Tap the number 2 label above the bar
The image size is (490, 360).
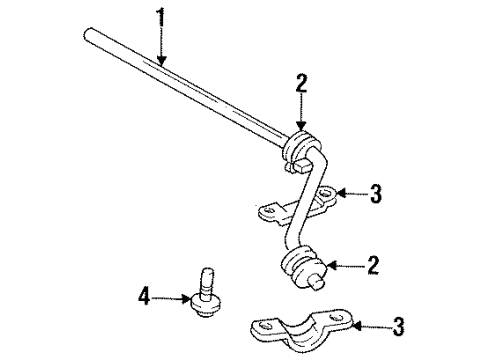(301, 83)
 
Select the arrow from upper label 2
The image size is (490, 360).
(301, 110)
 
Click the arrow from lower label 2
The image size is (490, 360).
(345, 265)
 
